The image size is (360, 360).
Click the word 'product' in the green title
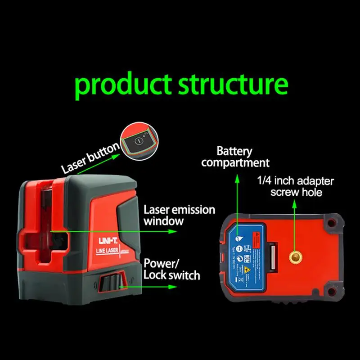pos(123,85)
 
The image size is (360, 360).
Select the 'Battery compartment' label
pos(234,157)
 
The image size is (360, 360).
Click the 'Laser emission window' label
pos(179,215)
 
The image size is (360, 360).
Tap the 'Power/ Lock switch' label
pos(171,269)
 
